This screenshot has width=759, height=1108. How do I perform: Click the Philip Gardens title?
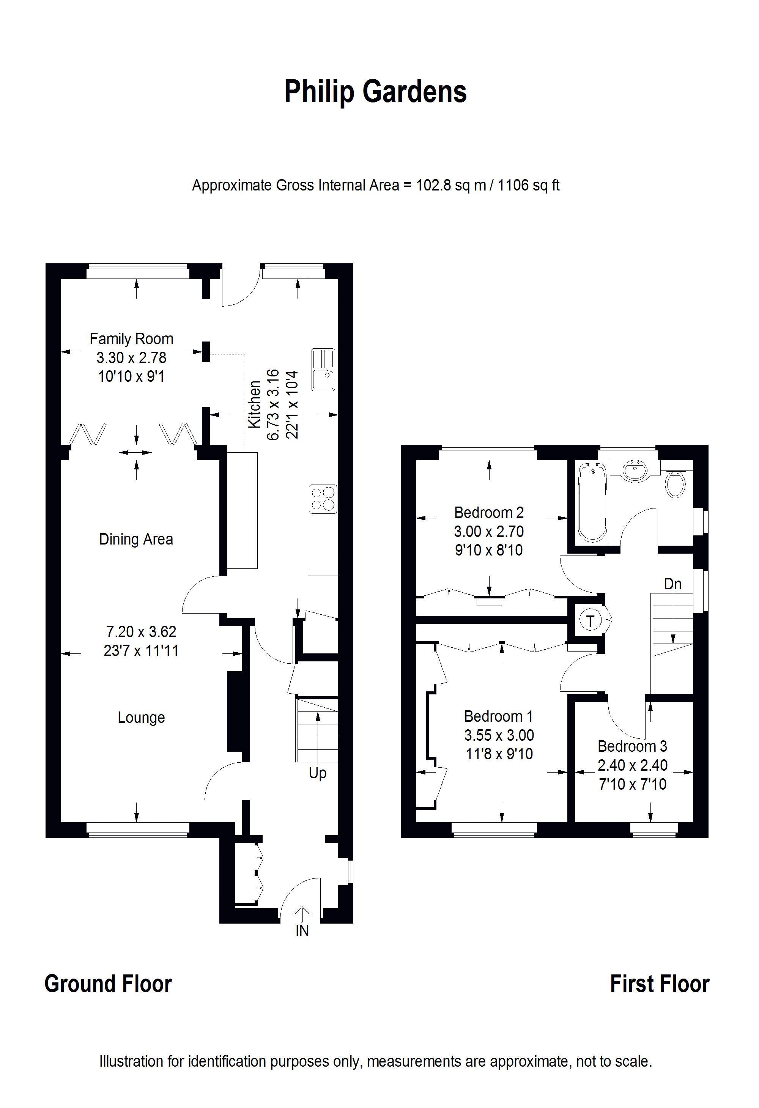375,92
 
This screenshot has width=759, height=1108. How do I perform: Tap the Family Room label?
132,339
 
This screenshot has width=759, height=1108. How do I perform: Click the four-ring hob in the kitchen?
323,499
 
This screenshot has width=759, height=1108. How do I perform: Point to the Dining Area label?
136,539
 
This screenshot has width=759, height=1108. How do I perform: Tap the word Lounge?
141,718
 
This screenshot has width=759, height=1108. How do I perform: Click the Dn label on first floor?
673,584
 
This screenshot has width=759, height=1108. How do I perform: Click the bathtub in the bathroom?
593,502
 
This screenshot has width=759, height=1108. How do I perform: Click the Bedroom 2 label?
489,513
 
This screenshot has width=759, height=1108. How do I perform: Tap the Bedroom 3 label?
632,746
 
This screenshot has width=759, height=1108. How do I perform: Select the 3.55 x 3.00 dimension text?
499,735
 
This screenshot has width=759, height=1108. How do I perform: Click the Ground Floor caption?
108,984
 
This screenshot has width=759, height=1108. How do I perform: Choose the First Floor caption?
660,984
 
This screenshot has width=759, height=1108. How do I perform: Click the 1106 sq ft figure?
529,185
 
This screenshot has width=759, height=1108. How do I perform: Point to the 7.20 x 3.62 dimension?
141,632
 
